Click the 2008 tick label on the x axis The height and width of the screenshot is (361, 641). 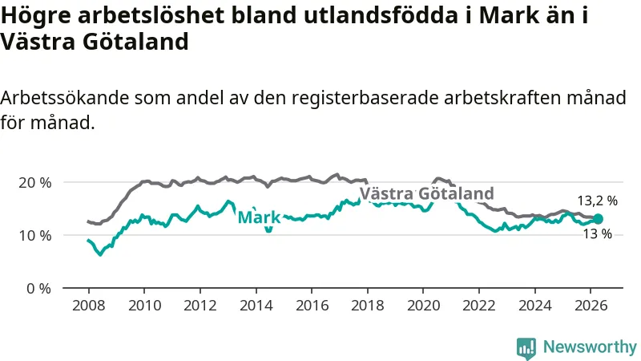click(88, 306)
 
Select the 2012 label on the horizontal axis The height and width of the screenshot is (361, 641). click(200, 306)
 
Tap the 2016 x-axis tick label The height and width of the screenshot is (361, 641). click(312, 306)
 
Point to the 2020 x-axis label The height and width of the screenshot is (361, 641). click(423, 306)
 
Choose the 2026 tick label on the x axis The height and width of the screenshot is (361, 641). click(591, 306)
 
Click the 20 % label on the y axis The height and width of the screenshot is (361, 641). click(35, 183)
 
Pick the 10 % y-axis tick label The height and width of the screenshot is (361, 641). click(35, 236)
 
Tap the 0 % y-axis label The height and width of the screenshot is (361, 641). click(39, 289)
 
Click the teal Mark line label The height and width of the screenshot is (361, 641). click(259, 217)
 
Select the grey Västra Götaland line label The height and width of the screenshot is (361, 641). click(427, 193)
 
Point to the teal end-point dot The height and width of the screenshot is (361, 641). click(598, 219)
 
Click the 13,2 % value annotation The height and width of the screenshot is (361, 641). click(598, 201)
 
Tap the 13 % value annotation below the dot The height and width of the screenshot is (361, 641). click(598, 234)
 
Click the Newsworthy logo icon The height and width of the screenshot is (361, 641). click(526, 348)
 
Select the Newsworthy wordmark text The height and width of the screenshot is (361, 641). click(590, 347)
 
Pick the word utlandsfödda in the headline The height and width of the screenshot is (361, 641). click(381, 15)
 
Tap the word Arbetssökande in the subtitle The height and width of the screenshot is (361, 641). click(65, 98)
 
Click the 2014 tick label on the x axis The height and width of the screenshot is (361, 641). click(256, 306)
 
